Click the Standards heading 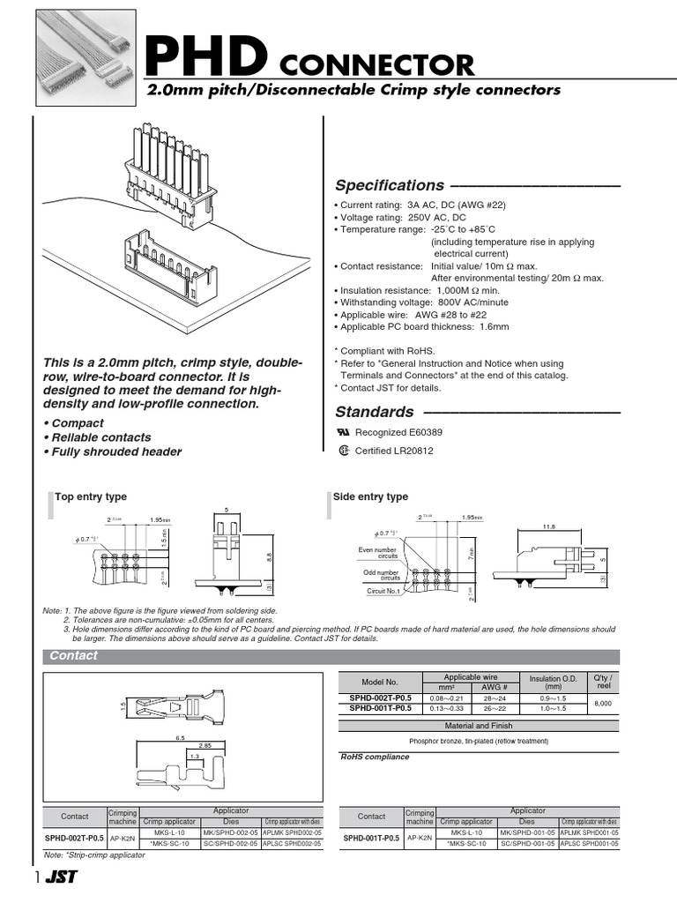(375, 412)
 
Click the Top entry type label (91, 497)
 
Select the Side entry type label (370, 497)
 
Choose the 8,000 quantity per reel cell (603, 703)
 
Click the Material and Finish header (479, 726)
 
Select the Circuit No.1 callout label (383, 591)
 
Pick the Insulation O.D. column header (552, 682)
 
